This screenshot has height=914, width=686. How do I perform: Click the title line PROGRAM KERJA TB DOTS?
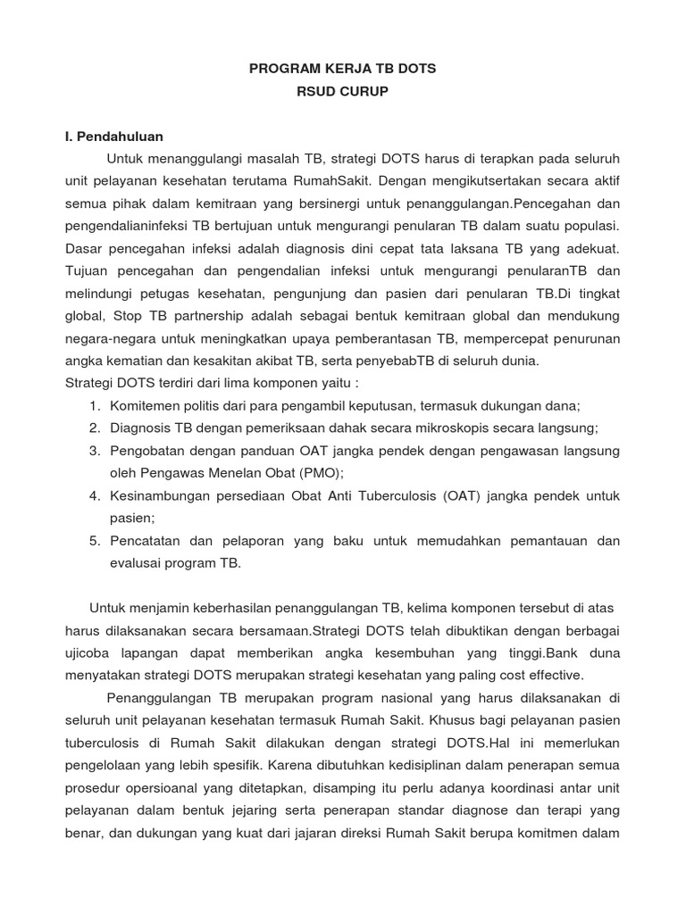[342, 68]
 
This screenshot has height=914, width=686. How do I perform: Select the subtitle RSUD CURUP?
[342, 91]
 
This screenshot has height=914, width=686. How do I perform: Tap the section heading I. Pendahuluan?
[113, 137]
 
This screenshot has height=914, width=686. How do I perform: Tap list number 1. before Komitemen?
[95, 405]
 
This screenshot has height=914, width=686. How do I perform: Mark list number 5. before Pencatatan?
[95, 541]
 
